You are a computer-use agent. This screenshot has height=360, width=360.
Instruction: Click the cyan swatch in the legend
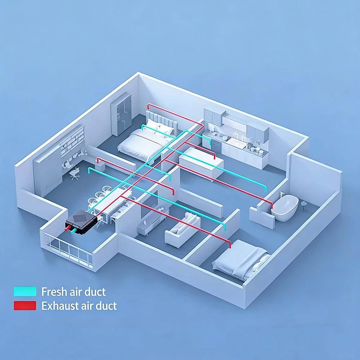click(x=25, y=291)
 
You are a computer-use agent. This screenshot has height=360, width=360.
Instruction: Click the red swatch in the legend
click(x=25, y=306)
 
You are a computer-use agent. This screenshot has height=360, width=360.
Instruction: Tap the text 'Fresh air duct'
click(x=73, y=292)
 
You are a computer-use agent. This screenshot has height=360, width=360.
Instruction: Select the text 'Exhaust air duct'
click(x=79, y=306)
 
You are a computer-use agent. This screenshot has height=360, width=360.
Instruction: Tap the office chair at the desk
click(x=75, y=174)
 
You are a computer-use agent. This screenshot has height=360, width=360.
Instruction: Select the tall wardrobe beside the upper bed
click(x=121, y=114)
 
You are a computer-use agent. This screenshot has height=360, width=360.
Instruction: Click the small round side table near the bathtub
click(x=304, y=205)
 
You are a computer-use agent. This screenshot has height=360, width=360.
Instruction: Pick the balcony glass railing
click(x=69, y=250)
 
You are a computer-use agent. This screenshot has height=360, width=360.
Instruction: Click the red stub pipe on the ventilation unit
click(x=68, y=228)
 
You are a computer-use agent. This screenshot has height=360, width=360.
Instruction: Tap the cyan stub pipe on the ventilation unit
click(x=74, y=231)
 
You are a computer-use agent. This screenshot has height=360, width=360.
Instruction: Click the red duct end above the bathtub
click(x=272, y=206)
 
